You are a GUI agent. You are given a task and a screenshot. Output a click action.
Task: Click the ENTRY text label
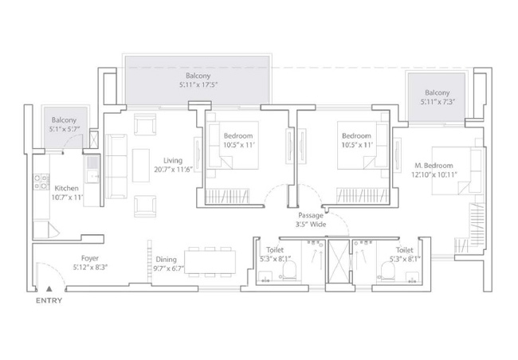(x=49, y=300)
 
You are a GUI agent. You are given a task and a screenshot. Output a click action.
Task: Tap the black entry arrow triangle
(x=49, y=288)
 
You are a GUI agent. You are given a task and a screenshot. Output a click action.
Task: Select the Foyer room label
(x=90, y=258)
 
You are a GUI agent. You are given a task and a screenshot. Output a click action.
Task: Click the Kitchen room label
(x=66, y=188)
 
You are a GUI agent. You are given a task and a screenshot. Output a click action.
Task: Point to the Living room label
(x=173, y=161)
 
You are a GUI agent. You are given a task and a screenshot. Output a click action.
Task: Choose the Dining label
(x=167, y=260)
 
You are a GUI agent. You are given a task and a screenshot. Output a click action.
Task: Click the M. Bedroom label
(x=434, y=166)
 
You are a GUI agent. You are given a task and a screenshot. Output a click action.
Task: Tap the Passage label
(x=311, y=215)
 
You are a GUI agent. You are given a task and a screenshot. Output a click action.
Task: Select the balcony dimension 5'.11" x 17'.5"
(x=198, y=84)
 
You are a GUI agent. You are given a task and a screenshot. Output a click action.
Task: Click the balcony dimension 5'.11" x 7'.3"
(x=438, y=102)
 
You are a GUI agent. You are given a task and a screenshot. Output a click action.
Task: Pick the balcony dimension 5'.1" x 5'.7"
(x=65, y=129)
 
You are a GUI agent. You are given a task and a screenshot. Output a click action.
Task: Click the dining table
(x=210, y=262)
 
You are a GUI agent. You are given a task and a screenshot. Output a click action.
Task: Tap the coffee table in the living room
(x=141, y=166)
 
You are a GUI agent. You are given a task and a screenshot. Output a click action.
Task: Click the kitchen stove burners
(x=41, y=182)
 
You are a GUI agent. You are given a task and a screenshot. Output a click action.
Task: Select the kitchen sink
(x=92, y=169)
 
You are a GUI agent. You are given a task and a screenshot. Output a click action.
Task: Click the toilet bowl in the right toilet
(x=387, y=270)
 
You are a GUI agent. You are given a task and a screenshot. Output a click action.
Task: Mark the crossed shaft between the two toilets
(x=338, y=261)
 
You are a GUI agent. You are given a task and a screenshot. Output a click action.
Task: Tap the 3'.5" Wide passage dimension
(x=311, y=225)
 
